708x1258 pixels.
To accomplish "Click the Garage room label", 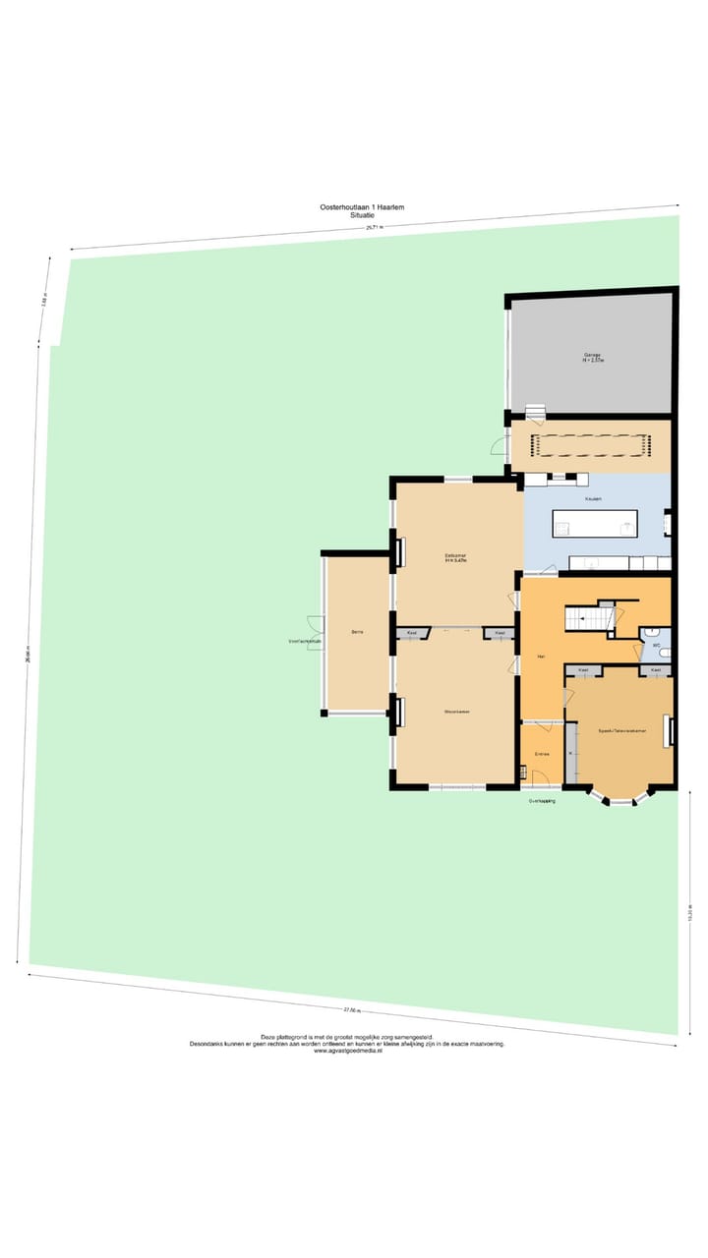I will point(593,357).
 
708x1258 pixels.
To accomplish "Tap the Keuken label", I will point(592,499).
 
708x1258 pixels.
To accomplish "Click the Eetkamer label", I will point(455,558).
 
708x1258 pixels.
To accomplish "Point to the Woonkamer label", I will point(455,711).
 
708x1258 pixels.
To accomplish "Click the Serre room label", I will point(358,632).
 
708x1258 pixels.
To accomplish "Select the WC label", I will point(656,646).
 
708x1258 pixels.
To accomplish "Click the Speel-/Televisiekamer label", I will point(619,731).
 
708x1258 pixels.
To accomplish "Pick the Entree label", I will point(541,754).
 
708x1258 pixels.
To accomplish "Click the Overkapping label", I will point(542,801).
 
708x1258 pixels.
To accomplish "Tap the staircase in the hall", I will point(587,618).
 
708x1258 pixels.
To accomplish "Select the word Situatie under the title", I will point(362,215).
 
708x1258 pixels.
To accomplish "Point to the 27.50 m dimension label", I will point(352,1009).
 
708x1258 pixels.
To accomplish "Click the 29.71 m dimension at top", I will point(375,227).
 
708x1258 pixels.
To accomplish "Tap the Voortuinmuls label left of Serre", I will point(305,642).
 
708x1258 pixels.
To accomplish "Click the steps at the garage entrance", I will point(535,412).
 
